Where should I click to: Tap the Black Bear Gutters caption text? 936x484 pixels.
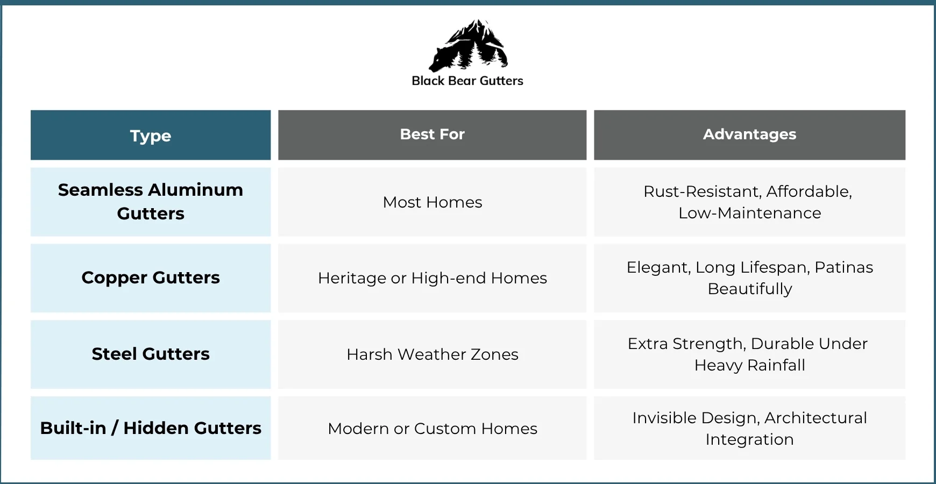click(467, 81)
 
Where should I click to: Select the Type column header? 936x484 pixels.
click(151, 136)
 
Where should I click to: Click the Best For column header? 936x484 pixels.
click(432, 134)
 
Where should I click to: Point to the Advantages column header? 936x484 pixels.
click(749, 134)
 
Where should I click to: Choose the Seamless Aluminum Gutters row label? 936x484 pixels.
click(151, 202)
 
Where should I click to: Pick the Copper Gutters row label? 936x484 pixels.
click(151, 277)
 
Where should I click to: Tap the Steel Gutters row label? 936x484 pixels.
click(151, 354)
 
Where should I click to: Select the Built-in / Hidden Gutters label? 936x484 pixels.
click(151, 428)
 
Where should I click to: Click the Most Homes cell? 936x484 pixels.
click(432, 202)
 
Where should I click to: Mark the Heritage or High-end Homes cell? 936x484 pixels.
click(432, 278)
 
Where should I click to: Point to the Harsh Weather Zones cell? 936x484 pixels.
click(432, 354)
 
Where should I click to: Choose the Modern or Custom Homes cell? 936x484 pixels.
click(432, 429)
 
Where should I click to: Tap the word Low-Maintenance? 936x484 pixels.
click(749, 213)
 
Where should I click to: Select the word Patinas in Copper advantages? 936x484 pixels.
click(843, 267)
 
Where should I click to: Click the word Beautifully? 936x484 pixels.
click(749, 289)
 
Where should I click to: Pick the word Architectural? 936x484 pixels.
click(816, 418)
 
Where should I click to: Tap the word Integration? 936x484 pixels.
click(749, 439)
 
